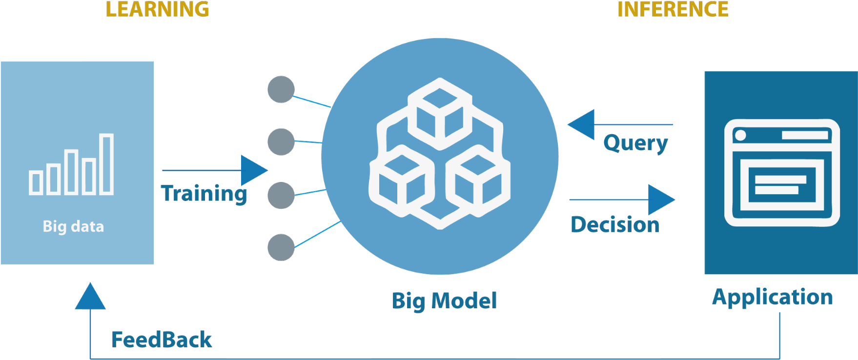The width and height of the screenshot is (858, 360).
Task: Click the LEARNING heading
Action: pyautogui.click(x=157, y=9)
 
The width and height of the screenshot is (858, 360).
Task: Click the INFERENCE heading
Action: pyautogui.click(x=673, y=9)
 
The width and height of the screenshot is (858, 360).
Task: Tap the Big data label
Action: pyautogui.click(x=73, y=226)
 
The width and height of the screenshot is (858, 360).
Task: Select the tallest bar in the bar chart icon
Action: pyautogui.click(x=106, y=164)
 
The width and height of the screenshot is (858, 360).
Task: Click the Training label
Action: pyautogui.click(x=204, y=194)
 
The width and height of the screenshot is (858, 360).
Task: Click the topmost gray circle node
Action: pyautogui.click(x=281, y=90)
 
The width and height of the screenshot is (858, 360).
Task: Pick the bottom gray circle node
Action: pyautogui.click(x=281, y=247)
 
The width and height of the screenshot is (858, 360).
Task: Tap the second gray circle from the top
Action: pyautogui.click(x=281, y=142)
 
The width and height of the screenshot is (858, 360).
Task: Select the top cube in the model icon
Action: pyautogui.click(x=440, y=113)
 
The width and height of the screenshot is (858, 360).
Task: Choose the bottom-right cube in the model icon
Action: pyautogui.click(x=478, y=180)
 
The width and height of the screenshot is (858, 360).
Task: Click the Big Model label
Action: pyautogui.click(x=444, y=300)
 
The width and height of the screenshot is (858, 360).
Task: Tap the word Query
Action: pyautogui.click(x=635, y=143)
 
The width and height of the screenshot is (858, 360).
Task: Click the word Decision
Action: pyautogui.click(x=615, y=225)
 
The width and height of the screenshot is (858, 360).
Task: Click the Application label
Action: pyautogui.click(x=773, y=297)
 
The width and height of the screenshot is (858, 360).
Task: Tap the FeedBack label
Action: pyautogui.click(x=162, y=340)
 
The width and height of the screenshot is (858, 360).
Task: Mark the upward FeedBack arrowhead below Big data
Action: pyautogui.click(x=90, y=298)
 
